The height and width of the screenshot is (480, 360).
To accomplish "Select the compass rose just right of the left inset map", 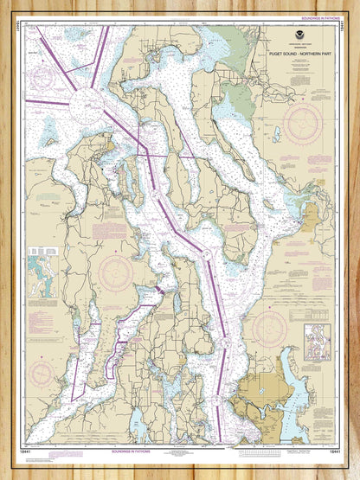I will [113, 273].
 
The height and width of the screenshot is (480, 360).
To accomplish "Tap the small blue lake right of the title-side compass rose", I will [276, 135].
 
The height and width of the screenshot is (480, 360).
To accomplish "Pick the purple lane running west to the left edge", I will [48, 102].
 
